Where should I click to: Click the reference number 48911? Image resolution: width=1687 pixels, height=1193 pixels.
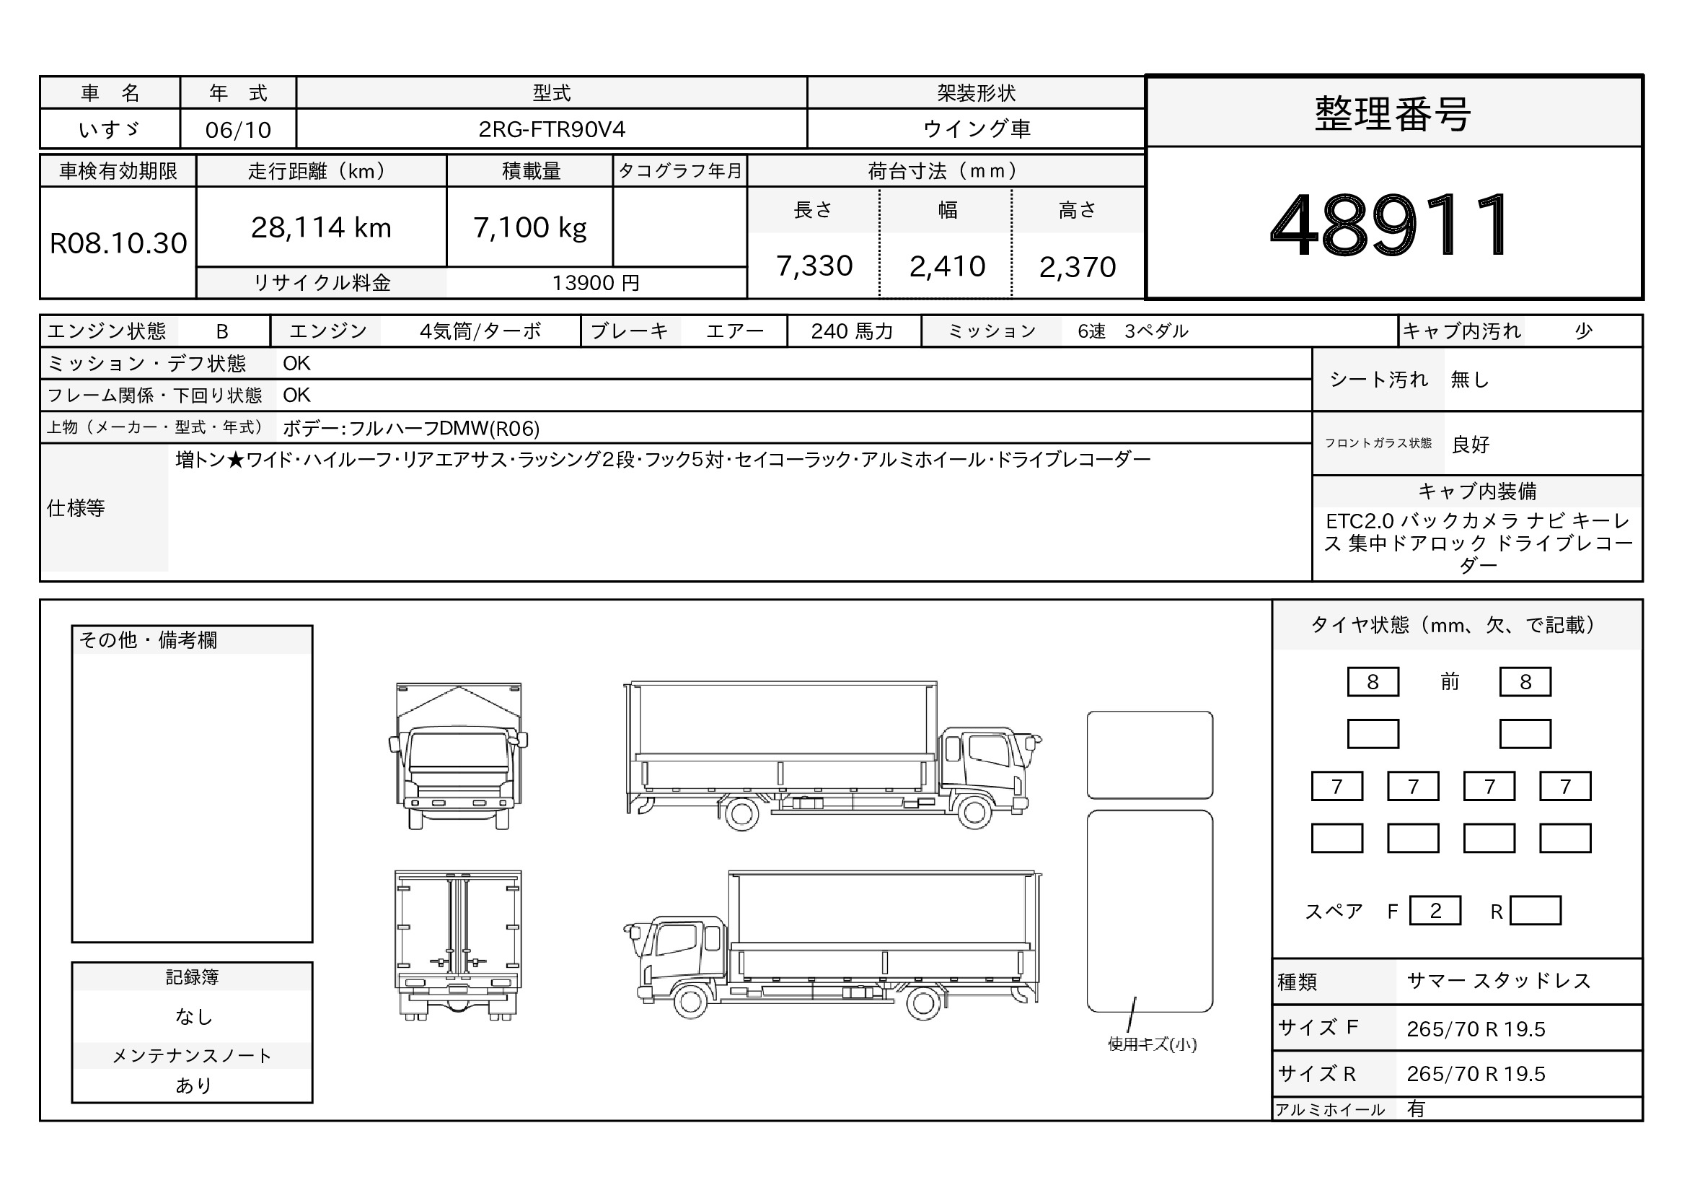coord(1391,224)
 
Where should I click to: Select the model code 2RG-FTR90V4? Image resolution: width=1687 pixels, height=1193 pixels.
coord(552,129)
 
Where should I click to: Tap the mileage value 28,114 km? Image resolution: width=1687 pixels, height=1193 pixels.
coord(321,227)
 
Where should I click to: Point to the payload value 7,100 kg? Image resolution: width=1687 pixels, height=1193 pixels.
coord(530,228)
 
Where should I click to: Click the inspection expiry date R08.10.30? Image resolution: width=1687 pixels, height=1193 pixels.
coord(118,243)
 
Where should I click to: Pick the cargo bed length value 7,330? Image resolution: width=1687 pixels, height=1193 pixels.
coord(814,266)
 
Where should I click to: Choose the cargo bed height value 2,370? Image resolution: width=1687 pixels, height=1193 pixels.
coord(1077,267)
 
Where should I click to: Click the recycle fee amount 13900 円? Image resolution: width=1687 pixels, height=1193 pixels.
coord(596,283)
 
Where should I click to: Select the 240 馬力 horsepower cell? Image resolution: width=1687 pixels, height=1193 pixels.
coord(853,331)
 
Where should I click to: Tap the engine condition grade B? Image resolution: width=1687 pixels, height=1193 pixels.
coord(222,331)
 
